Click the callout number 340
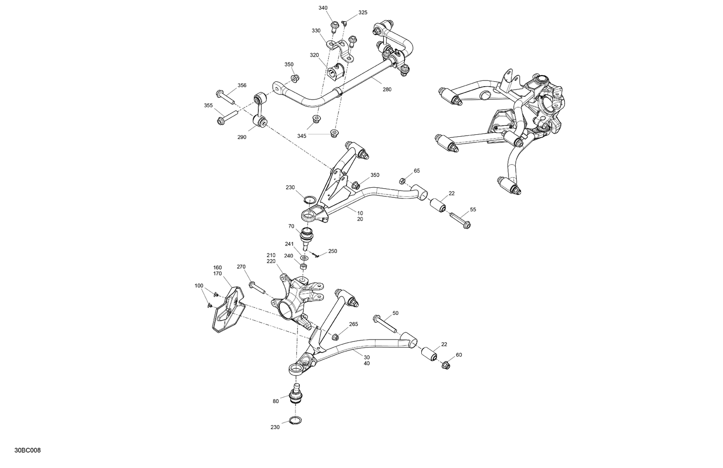(x=323, y=8)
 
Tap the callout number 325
(x=362, y=13)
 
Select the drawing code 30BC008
(x=27, y=451)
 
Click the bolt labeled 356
(x=225, y=96)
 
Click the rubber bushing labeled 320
(x=334, y=73)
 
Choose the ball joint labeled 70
(x=307, y=235)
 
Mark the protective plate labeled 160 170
(x=227, y=309)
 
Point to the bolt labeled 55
(x=460, y=221)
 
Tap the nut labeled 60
(x=446, y=365)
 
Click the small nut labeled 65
(x=402, y=181)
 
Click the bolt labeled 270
(x=257, y=287)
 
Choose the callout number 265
(x=353, y=324)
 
